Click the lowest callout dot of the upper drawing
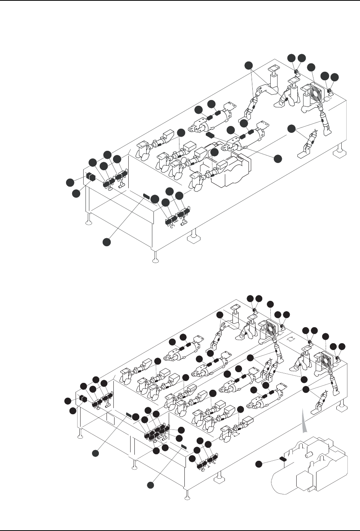107,242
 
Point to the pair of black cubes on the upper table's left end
90,176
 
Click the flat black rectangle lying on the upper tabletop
210,136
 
